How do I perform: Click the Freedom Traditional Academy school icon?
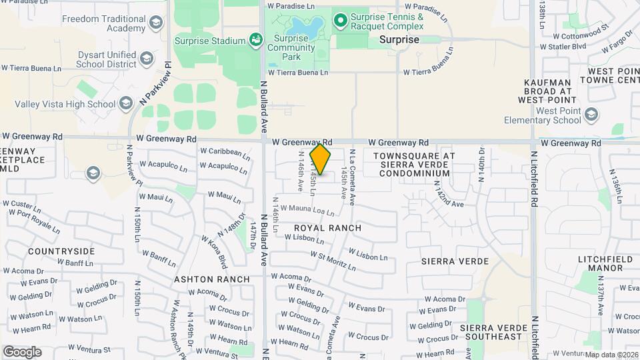tap(155, 24)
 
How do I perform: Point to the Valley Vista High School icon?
tap(126, 103)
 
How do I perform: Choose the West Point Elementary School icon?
tap(591, 116)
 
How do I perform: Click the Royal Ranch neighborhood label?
tap(328, 228)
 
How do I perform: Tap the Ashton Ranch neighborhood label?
tap(212, 279)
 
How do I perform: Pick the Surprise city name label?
tap(399, 39)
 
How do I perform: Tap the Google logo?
tap(22, 351)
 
